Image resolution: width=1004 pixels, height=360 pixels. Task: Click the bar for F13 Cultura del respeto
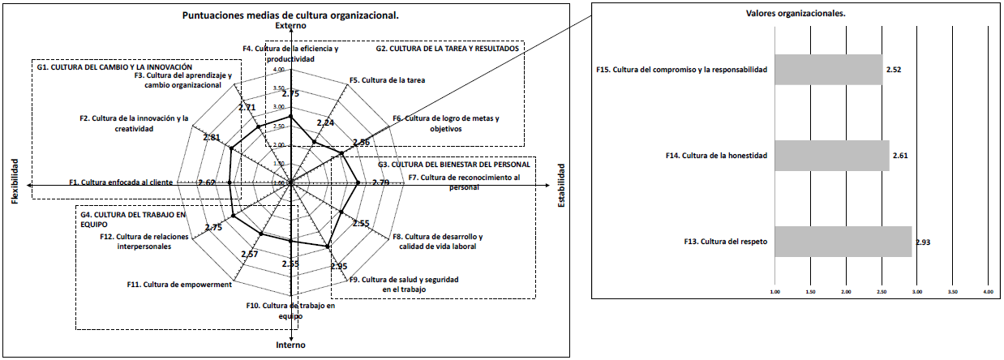(843, 241)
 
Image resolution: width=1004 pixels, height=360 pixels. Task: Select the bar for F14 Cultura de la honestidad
(832, 155)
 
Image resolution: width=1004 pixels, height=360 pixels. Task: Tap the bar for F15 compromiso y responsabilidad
(829, 70)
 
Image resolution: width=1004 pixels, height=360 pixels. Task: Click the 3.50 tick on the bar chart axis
(953, 290)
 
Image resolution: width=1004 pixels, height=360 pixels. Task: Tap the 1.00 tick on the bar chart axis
(774, 290)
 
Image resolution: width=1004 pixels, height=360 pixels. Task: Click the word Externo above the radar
(290, 27)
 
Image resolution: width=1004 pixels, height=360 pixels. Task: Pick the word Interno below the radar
(290, 345)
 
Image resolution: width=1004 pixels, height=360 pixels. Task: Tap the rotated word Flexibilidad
(14, 182)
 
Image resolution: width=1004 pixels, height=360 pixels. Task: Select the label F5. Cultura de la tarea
(387, 80)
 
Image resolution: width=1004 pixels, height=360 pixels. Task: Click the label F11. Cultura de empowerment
(180, 284)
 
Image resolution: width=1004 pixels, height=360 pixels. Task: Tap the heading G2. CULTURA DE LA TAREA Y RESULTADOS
(447, 49)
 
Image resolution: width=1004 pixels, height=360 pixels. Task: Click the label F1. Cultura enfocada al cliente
(121, 182)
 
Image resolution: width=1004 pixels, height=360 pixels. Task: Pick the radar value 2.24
(325, 123)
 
